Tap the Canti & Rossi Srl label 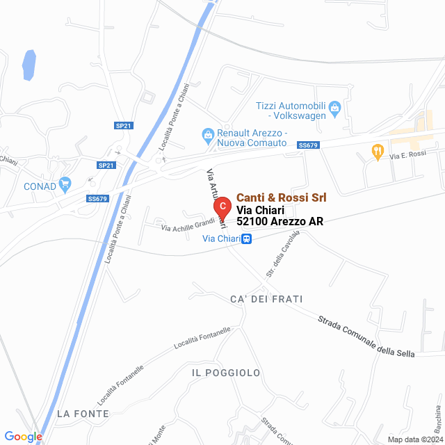coord(281,198)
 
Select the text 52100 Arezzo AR coord(280,221)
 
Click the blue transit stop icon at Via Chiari coord(247,239)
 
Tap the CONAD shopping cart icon coord(65,184)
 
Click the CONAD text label coord(40,186)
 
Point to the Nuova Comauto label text coord(252,143)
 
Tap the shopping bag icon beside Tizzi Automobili coord(335,107)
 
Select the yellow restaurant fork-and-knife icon coord(378,150)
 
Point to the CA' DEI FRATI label coord(266,299)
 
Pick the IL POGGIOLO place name coord(226,373)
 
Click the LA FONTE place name coord(83,414)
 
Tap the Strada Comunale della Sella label coord(366,338)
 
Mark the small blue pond coord(29,64)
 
